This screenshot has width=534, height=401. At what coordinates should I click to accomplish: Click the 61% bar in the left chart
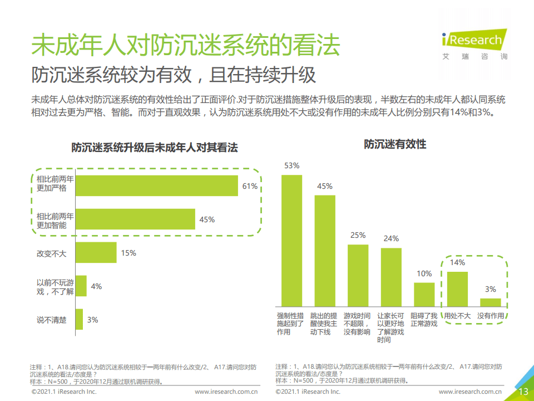point(156,186)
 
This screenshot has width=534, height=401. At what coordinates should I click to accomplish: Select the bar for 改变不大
point(96,253)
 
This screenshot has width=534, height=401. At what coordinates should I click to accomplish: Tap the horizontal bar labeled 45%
point(135,219)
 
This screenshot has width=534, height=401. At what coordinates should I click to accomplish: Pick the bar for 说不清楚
point(79,320)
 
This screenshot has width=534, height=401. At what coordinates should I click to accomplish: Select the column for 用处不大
point(457,289)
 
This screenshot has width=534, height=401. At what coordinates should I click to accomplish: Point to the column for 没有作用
point(490,302)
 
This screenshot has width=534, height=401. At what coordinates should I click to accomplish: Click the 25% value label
point(358,235)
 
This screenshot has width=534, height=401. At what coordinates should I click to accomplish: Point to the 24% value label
point(391,238)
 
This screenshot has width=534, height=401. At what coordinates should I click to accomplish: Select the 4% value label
point(96,286)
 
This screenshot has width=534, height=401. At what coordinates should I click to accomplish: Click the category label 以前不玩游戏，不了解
point(55,286)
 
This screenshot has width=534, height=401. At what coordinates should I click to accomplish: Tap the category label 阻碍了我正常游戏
point(424,320)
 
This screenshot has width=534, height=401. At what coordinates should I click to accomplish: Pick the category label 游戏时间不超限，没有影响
point(358,324)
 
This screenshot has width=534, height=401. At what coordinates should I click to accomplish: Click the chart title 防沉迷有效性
point(395,144)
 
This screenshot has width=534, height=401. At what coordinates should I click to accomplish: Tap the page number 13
point(523,392)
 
